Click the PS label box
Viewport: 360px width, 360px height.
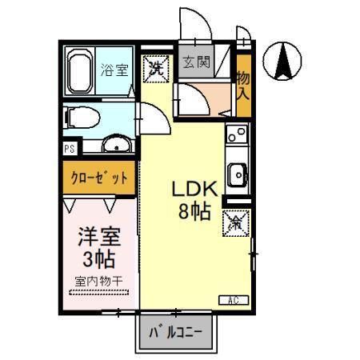point(70,149)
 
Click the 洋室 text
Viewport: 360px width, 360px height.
point(98,237)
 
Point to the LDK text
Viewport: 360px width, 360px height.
point(193,190)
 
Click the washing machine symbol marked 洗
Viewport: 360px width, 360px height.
point(156,67)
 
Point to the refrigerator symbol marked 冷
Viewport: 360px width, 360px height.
point(236,222)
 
